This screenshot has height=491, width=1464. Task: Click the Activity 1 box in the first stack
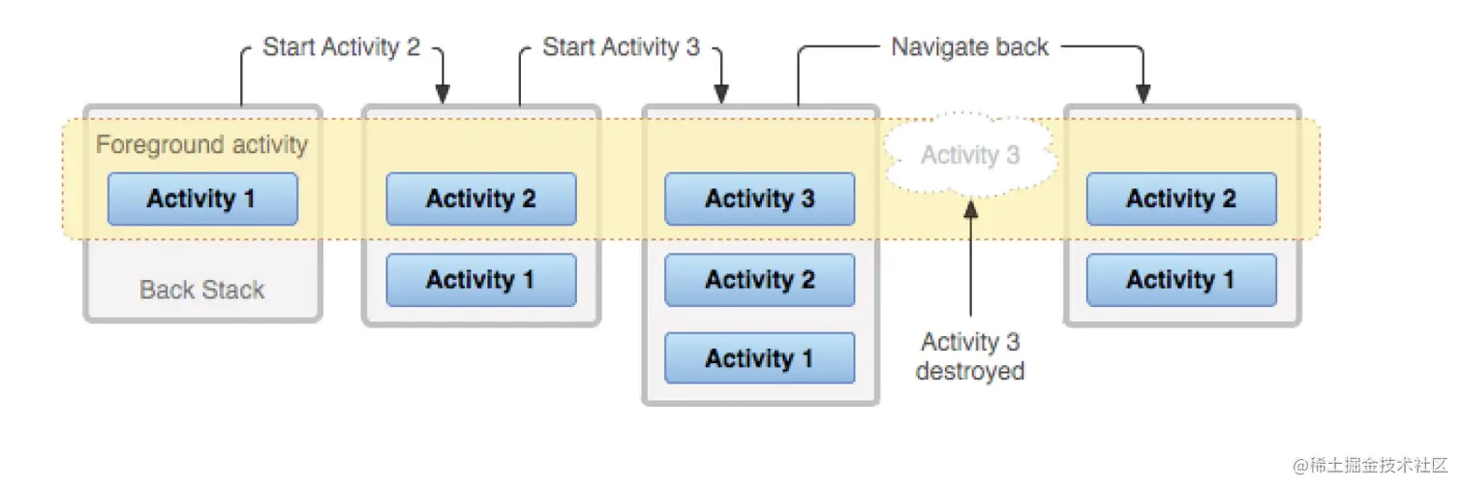(x=202, y=199)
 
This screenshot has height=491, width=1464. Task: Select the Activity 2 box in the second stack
(x=481, y=199)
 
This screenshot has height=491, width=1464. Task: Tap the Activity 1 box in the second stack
(x=481, y=280)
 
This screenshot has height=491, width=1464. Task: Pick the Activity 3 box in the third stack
(x=760, y=199)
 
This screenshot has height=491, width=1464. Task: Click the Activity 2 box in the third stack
(x=760, y=280)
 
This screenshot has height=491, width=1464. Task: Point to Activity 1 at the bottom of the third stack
(x=760, y=358)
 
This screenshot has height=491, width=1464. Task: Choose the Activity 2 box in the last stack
(x=1181, y=199)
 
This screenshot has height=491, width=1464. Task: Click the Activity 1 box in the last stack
(x=1181, y=280)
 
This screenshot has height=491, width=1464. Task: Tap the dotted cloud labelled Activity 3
(x=970, y=155)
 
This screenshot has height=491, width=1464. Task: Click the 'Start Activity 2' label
(x=342, y=46)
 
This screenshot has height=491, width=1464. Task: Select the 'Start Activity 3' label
(x=621, y=46)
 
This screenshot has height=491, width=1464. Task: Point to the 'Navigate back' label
(x=970, y=46)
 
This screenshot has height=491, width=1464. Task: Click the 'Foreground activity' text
(x=201, y=145)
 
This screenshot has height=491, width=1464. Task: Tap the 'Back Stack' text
(x=202, y=289)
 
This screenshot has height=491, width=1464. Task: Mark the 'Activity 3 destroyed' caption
(x=970, y=355)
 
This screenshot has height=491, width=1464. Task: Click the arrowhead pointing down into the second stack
(x=442, y=94)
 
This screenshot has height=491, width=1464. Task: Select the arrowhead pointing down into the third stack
(x=721, y=94)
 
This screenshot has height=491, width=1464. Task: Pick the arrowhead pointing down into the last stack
(x=1143, y=94)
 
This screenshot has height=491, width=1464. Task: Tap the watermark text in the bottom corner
(x=1369, y=465)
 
